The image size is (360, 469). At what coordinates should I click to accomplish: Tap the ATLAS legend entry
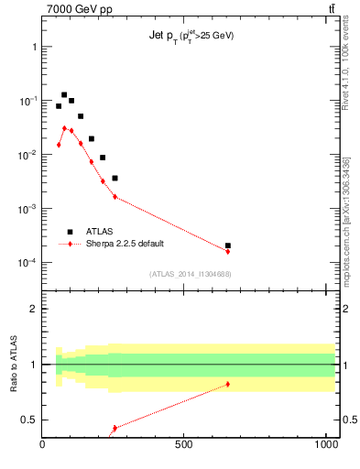(x=100, y=232)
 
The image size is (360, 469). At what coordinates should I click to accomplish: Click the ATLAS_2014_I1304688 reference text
(x=190, y=274)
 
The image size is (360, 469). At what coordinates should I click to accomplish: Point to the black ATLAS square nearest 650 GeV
(x=227, y=245)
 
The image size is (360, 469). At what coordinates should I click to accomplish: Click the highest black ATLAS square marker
(x=64, y=94)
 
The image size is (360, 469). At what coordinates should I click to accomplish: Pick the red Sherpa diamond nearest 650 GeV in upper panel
(x=227, y=251)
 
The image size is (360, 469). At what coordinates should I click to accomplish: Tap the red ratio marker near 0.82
(x=227, y=384)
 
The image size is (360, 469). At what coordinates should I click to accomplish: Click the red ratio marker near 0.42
(x=115, y=428)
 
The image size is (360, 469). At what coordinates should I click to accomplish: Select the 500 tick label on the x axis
(x=184, y=446)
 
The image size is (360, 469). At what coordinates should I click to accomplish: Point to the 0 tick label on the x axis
(x=42, y=446)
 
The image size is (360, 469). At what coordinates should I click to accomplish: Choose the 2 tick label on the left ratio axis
(x=33, y=309)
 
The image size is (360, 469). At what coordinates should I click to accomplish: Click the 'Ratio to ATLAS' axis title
(x=13, y=364)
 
